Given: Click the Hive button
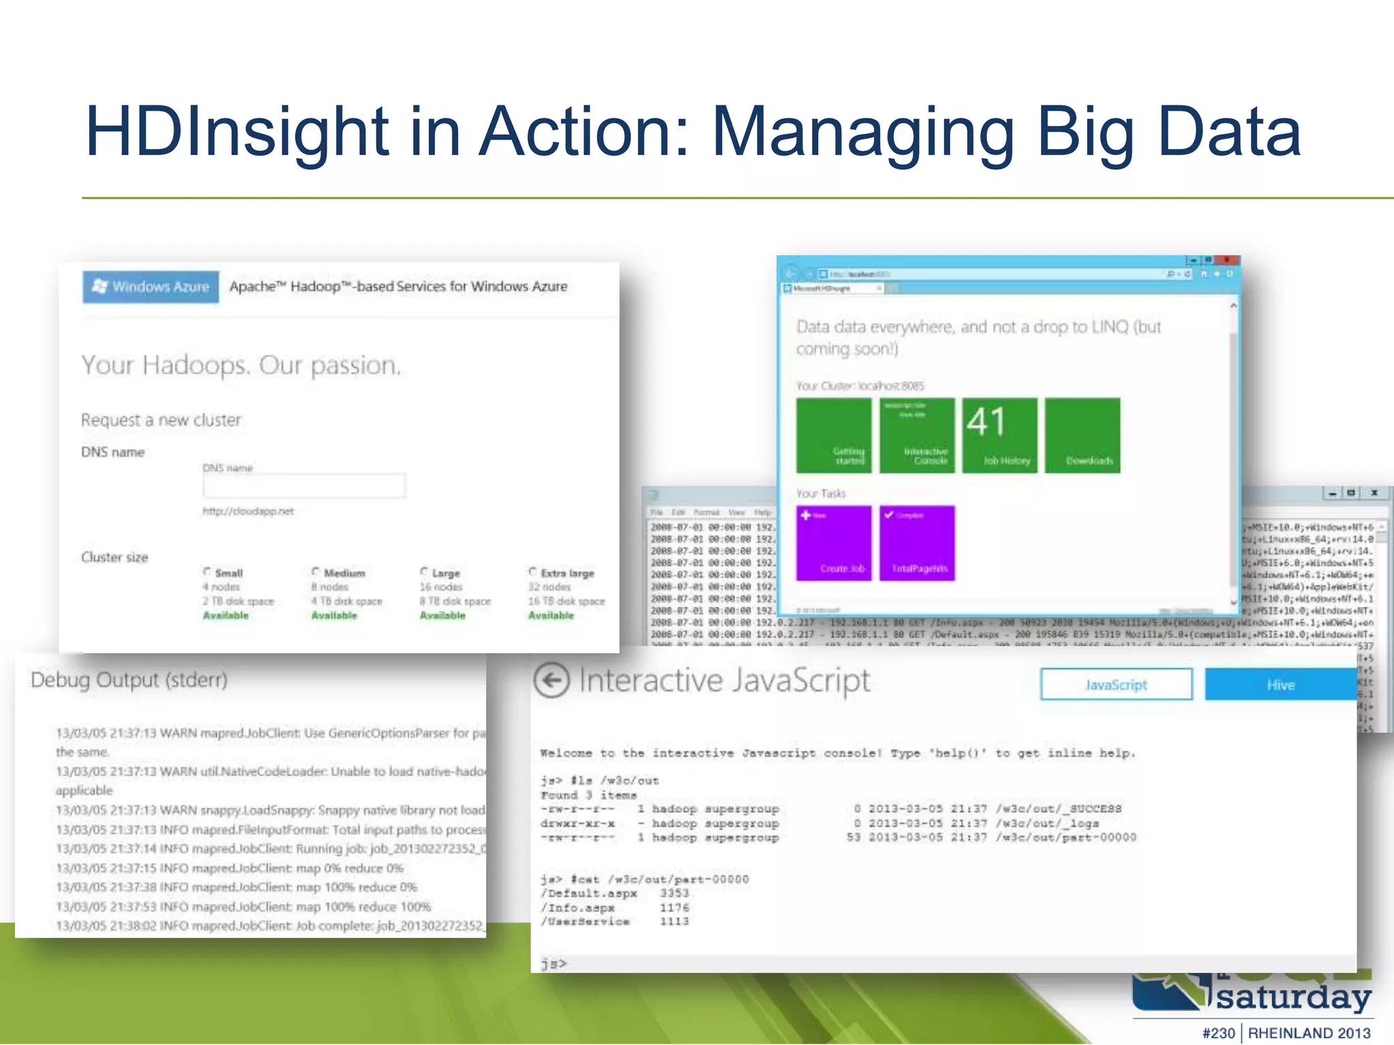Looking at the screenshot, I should [1280, 684].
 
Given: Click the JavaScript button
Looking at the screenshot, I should [1116, 684].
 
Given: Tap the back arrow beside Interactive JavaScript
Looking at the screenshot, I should [551, 680].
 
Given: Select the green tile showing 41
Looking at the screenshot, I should [1000, 435].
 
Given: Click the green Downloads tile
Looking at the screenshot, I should [1082, 435].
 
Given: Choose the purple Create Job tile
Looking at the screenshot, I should [834, 543].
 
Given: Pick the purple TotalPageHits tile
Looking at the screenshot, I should [917, 543].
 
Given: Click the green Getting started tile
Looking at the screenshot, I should [834, 435].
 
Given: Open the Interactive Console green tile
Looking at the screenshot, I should [917, 435].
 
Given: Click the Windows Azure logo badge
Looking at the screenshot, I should [151, 286].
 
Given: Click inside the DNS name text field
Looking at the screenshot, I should [304, 486].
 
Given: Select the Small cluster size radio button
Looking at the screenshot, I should [207, 572].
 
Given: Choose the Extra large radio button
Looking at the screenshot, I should [532, 572].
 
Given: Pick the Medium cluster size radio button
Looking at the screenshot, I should [316, 572].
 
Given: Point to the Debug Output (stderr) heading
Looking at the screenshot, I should [129, 680].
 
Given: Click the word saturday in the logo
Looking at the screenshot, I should [1293, 998].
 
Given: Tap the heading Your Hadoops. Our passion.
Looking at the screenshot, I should [241, 365].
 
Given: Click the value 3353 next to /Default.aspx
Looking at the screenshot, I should [674, 893].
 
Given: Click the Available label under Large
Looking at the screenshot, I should [442, 616].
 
